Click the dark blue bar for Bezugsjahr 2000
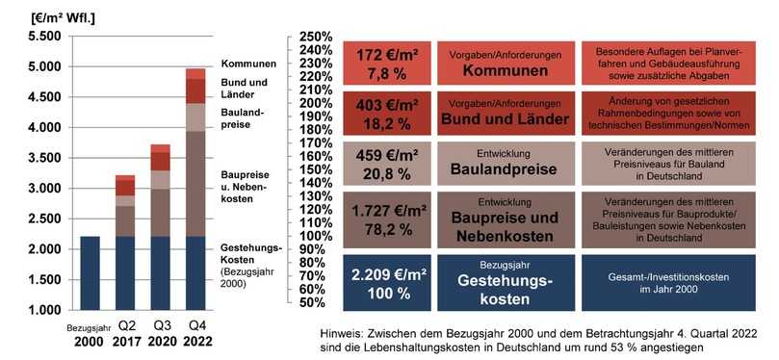[x=91, y=273]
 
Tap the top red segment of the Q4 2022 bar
[x=195, y=73]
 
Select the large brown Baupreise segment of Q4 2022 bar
[x=195, y=183]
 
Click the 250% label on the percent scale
[x=317, y=37]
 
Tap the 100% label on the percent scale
[x=317, y=236]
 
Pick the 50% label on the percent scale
[x=319, y=302]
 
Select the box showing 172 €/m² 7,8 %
[x=386, y=64]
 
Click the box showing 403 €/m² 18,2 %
[x=386, y=114]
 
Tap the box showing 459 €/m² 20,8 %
[x=386, y=164]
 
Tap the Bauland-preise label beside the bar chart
[x=241, y=117]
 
